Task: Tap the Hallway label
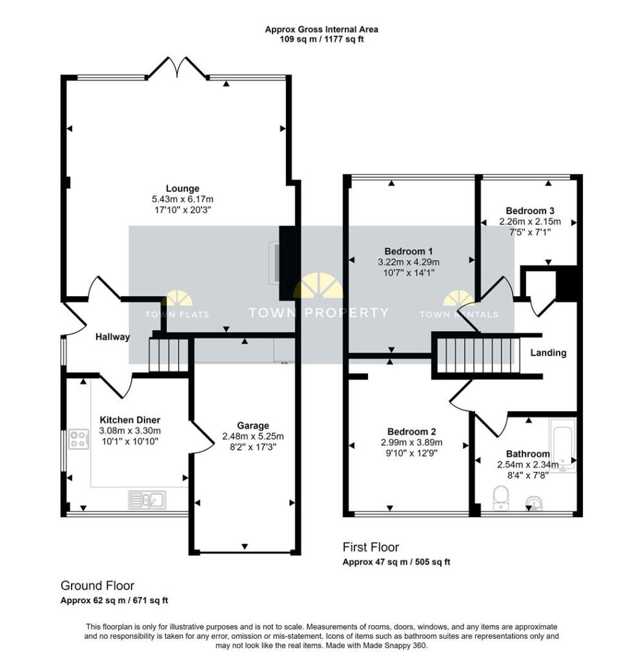[112, 337]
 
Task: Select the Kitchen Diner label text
[130, 420]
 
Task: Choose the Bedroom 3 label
[529, 211]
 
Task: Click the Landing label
[548, 352]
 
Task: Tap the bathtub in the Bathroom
[562, 445]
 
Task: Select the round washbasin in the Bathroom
[534, 502]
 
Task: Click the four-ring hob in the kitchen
[79, 439]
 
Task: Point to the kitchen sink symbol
[147, 498]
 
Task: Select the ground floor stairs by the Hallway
[168, 356]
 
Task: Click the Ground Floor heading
[97, 586]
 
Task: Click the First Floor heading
[371, 548]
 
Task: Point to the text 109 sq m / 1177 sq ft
[321, 39]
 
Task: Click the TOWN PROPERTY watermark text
[319, 313]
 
